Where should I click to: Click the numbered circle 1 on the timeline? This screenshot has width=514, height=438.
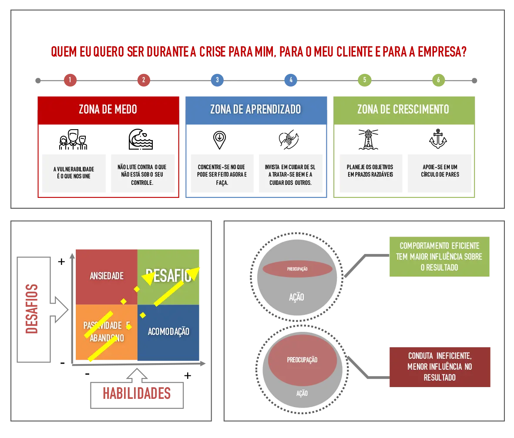(x=70, y=80)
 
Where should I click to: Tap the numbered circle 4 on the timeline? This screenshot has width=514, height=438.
(x=291, y=80)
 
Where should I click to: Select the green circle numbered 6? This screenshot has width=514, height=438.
(x=438, y=80)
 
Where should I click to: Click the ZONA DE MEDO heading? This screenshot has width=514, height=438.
(x=108, y=109)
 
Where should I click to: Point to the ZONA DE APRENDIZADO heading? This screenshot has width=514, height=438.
(x=255, y=109)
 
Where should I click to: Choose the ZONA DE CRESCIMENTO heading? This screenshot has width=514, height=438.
(x=403, y=109)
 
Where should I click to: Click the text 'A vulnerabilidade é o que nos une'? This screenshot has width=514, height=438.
(x=74, y=173)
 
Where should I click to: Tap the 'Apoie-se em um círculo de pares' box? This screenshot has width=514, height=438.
(x=440, y=171)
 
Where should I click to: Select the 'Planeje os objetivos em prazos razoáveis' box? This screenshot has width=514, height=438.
(x=370, y=171)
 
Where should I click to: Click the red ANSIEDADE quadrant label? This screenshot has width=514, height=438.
(x=107, y=276)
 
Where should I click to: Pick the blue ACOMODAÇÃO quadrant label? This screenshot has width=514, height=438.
(x=168, y=331)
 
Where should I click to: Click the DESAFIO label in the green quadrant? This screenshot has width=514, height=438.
(x=168, y=276)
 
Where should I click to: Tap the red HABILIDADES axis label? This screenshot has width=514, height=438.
(x=136, y=394)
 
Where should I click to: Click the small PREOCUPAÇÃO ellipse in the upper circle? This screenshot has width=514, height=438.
(x=298, y=269)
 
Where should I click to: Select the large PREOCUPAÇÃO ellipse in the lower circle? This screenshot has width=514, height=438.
(x=302, y=360)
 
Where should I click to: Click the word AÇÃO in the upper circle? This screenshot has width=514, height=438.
(x=297, y=297)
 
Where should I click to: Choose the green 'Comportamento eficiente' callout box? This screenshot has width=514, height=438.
(x=439, y=257)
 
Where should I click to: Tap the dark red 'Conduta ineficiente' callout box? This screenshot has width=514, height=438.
(x=439, y=367)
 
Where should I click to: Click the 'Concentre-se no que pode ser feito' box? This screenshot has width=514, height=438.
(x=222, y=174)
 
